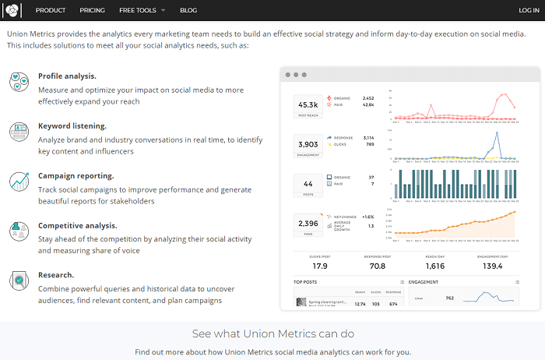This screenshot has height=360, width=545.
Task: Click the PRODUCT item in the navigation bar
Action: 51,10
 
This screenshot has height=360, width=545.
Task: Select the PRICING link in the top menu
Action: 92,10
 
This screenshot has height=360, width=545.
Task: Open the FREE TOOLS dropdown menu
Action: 142,10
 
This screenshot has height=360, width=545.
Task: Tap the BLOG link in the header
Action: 188,10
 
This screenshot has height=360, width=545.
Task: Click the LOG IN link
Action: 529,10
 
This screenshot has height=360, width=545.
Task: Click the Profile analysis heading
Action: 67,76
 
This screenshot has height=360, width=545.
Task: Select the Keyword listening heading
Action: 72,125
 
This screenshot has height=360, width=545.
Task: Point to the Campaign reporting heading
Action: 76,175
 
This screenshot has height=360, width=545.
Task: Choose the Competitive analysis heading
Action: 77,225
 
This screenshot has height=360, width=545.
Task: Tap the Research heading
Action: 56,275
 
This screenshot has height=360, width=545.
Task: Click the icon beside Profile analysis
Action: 19,82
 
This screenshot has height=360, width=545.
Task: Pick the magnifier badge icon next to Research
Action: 19,281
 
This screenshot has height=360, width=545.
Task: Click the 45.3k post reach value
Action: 308,105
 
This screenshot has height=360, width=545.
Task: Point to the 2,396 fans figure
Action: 308,224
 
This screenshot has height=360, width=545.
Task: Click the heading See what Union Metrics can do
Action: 272,334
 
